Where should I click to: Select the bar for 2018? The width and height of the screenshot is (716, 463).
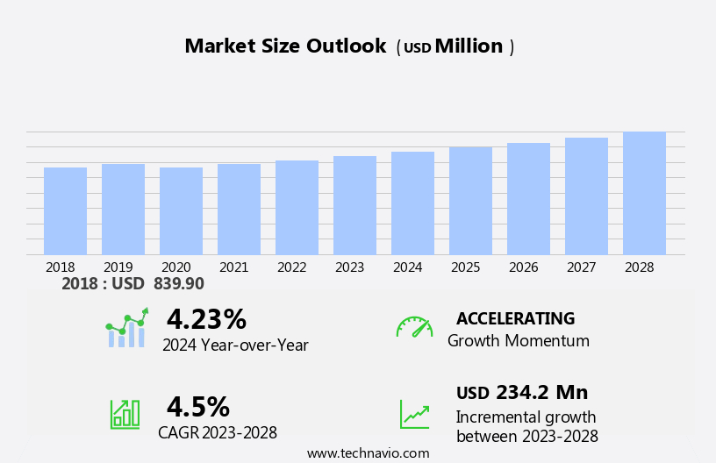(x=65, y=211)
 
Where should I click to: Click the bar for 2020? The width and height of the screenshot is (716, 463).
(x=181, y=211)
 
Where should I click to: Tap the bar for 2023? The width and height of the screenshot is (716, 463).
(x=354, y=206)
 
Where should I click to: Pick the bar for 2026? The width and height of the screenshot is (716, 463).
(x=528, y=199)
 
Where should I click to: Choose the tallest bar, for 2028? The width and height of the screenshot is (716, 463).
(x=644, y=194)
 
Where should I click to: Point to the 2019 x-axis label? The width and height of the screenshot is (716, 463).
(x=118, y=267)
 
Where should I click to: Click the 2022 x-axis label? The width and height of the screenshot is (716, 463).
(x=292, y=267)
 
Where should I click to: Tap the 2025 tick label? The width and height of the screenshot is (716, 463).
(x=466, y=267)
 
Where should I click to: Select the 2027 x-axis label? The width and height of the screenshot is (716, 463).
(x=582, y=267)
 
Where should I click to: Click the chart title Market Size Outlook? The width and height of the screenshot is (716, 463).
(x=285, y=46)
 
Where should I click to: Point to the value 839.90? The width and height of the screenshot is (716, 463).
(x=178, y=284)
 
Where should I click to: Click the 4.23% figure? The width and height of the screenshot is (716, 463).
(x=206, y=320)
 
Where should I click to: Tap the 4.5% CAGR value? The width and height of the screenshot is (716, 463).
(x=197, y=407)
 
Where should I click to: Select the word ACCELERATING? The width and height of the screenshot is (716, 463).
(x=515, y=319)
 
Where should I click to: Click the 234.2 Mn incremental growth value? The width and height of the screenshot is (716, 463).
(x=541, y=393)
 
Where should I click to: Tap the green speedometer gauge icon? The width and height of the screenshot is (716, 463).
(x=414, y=327)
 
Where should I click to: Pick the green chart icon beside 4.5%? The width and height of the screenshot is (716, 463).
(x=125, y=413)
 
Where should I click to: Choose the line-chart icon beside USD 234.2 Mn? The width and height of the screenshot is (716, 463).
(x=414, y=413)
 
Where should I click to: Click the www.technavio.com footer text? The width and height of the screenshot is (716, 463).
(x=368, y=453)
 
